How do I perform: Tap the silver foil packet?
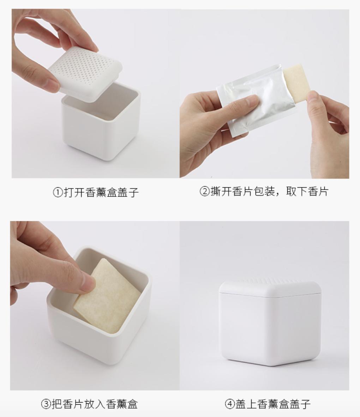[x=254, y=99]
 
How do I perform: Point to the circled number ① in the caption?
[x=58, y=193]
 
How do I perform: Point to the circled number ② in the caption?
[x=205, y=192]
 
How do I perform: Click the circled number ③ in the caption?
[x=46, y=404]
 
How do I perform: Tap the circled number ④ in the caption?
[x=229, y=404]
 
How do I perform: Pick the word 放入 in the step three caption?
[x=95, y=404]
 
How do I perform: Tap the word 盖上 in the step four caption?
[x=246, y=404]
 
